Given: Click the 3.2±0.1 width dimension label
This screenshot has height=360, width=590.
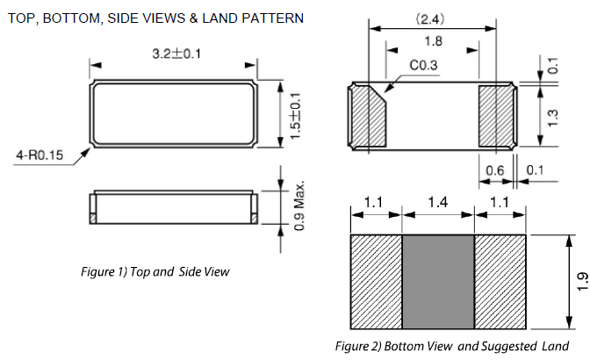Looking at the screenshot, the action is [176, 54].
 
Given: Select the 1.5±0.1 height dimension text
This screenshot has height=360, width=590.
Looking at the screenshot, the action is [296, 116].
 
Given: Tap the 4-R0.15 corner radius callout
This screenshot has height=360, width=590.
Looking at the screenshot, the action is [40, 155].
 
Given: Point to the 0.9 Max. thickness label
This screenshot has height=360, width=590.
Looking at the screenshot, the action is [299, 206].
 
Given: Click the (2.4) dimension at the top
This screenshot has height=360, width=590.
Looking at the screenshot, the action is [429, 18].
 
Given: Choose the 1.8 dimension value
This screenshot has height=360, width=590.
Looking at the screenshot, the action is [433, 41].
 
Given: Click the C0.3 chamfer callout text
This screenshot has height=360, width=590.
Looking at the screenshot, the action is [423, 65].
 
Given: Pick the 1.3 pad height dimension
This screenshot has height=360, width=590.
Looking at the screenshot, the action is [552, 118].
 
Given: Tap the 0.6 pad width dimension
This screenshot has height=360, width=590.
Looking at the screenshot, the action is [494, 171].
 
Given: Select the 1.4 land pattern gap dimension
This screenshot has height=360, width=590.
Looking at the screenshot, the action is [438, 202].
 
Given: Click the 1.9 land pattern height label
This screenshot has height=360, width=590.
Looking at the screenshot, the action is [582, 281].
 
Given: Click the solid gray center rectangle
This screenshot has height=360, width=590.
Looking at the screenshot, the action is [438, 282].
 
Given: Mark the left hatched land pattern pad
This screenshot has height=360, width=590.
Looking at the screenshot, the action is [377, 282].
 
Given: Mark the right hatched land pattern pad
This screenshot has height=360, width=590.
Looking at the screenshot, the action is [500, 282].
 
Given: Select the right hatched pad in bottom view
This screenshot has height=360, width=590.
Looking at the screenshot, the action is [496, 116].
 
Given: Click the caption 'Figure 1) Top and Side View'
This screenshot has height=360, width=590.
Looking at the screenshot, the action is [155, 271].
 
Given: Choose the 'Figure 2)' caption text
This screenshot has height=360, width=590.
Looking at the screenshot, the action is [358, 346].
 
